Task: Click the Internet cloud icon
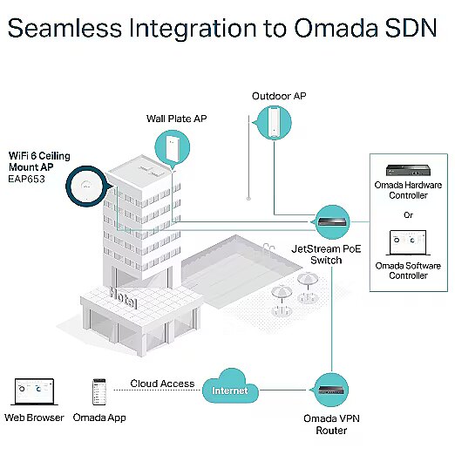tap(230, 386)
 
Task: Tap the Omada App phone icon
tap(99, 391)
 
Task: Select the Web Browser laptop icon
tap(34, 391)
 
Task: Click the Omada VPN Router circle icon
tap(330, 390)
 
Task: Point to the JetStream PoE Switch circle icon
tap(331, 222)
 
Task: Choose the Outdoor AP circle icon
tap(273, 122)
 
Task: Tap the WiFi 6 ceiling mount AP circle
tap(86, 186)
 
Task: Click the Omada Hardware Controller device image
tap(408, 170)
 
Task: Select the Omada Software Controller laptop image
tap(408, 243)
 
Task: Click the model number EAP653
tap(26, 179)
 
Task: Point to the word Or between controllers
tap(408, 215)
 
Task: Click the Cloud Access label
tap(162, 384)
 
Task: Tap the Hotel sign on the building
tap(123, 297)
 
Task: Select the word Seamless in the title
tap(65, 28)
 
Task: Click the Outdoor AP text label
tap(279, 96)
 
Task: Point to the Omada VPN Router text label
tap(331, 424)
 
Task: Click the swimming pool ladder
tap(268, 248)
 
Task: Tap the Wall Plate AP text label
tap(176, 119)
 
